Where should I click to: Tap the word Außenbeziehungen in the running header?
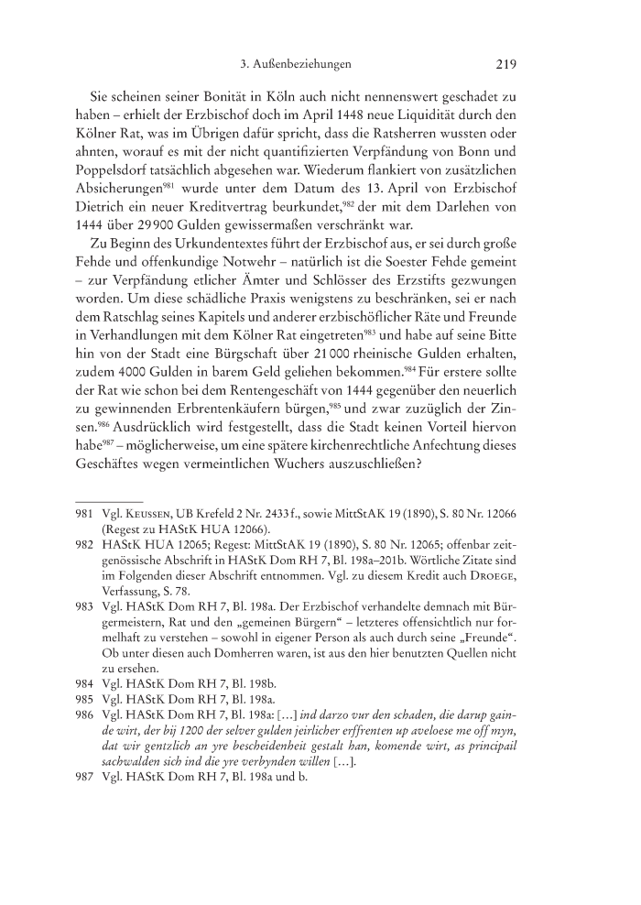303,66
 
